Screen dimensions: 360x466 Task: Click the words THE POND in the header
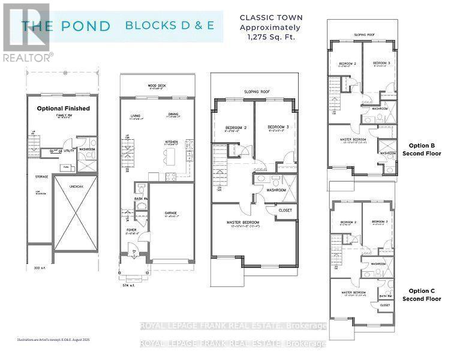(66, 26)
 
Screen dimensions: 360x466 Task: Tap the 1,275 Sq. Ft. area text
(272, 37)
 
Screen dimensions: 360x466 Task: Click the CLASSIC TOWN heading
(272, 18)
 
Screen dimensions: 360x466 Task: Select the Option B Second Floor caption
(425, 149)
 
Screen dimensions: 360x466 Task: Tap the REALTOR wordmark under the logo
(28, 58)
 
